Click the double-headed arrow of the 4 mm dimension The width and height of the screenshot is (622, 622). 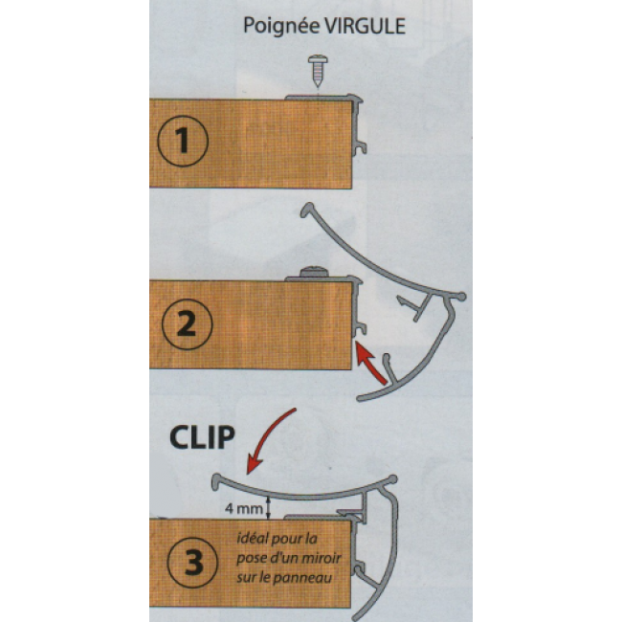coord(269,507)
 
